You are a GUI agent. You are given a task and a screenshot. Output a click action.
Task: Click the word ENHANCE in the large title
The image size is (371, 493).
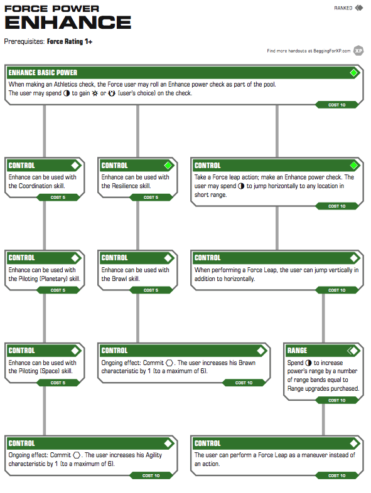click(68, 22)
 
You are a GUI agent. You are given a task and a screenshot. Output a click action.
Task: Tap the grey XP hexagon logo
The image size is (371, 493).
click(358, 51)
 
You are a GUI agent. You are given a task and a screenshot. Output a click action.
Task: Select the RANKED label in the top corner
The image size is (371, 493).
click(343, 8)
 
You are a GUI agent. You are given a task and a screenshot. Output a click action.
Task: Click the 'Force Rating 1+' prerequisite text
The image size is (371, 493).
click(70, 41)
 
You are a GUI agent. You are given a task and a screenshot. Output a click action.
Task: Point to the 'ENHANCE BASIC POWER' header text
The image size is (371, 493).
click(43, 73)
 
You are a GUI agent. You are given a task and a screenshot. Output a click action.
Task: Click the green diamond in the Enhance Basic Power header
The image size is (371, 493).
click(353, 73)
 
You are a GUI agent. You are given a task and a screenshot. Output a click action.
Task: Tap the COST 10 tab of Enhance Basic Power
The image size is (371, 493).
click(336, 105)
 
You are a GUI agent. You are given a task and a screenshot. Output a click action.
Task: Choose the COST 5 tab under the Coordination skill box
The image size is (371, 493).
click(58, 198)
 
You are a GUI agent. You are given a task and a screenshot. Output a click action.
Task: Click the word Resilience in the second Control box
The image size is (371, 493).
click(126, 186)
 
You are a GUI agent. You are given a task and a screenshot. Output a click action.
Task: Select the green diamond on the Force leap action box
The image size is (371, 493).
click(353, 166)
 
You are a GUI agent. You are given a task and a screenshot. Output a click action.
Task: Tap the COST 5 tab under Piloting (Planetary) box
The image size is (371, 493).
click(58, 290)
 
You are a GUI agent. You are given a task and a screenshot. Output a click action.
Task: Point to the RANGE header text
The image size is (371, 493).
click(297, 351)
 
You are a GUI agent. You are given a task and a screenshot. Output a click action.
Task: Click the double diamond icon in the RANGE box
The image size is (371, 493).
click(352, 351)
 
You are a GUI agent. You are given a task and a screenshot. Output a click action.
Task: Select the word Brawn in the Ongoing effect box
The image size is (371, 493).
click(247, 363)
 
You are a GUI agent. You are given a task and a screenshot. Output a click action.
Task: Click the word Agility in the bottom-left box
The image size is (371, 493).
click(154, 455)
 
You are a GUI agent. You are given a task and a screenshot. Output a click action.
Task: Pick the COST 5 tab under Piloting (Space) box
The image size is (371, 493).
click(58, 383)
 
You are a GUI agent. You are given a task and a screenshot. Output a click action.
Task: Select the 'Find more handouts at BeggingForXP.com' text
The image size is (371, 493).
click(309, 51)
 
